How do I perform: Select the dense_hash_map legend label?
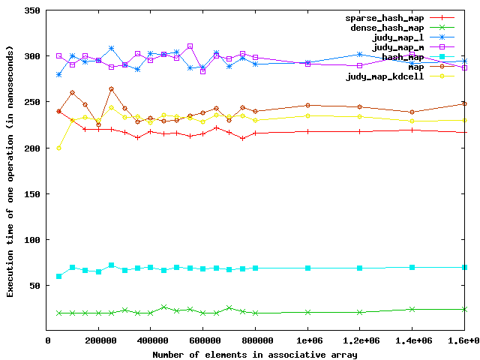[x=384, y=28]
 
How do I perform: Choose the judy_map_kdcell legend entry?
[x=384, y=76]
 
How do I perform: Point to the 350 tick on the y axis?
[x=31, y=10]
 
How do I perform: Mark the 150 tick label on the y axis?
[x=31, y=193]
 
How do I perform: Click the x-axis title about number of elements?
[x=255, y=353]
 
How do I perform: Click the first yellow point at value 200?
[x=59, y=148]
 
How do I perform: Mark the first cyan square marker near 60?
[x=59, y=276]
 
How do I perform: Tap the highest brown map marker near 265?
[x=111, y=88]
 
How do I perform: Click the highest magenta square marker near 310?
[x=190, y=46]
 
